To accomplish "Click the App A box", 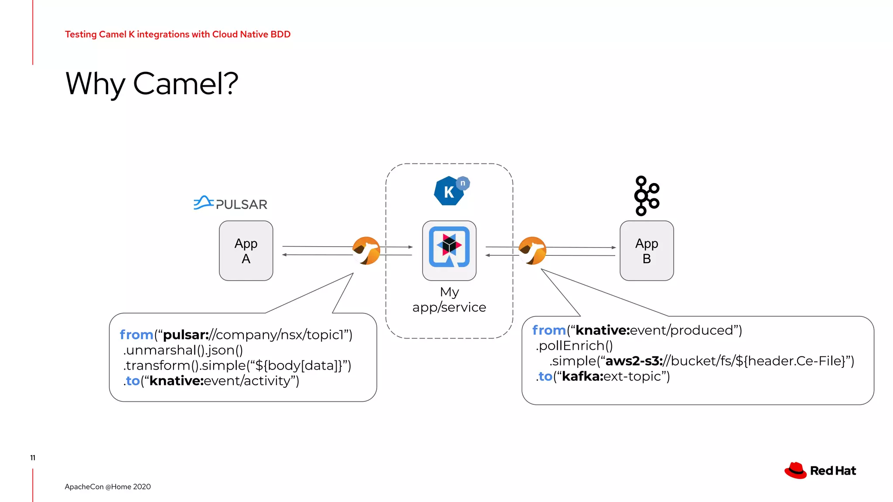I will click(x=246, y=251).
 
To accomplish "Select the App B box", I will click(x=647, y=251).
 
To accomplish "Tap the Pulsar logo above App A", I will click(x=230, y=204).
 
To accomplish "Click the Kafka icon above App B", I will click(x=646, y=196).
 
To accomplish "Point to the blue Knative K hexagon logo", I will click(x=449, y=191).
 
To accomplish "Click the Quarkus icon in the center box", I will click(x=449, y=247).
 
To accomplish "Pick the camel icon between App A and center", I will click(x=366, y=251).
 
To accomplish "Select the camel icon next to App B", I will click(x=532, y=251).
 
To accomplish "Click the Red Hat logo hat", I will click(x=796, y=471).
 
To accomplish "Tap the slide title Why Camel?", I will click(x=152, y=84).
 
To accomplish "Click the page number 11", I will click(x=33, y=458).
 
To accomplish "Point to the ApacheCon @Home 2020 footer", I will click(x=108, y=487).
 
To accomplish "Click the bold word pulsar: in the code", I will click(x=186, y=335).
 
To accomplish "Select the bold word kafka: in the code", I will click(x=583, y=376).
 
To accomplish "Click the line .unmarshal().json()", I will click(x=183, y=350).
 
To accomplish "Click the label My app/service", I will click(x=449, y=299).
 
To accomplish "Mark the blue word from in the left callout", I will click(x=136, y=335).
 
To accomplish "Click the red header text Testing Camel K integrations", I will click(x=177, y=34).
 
